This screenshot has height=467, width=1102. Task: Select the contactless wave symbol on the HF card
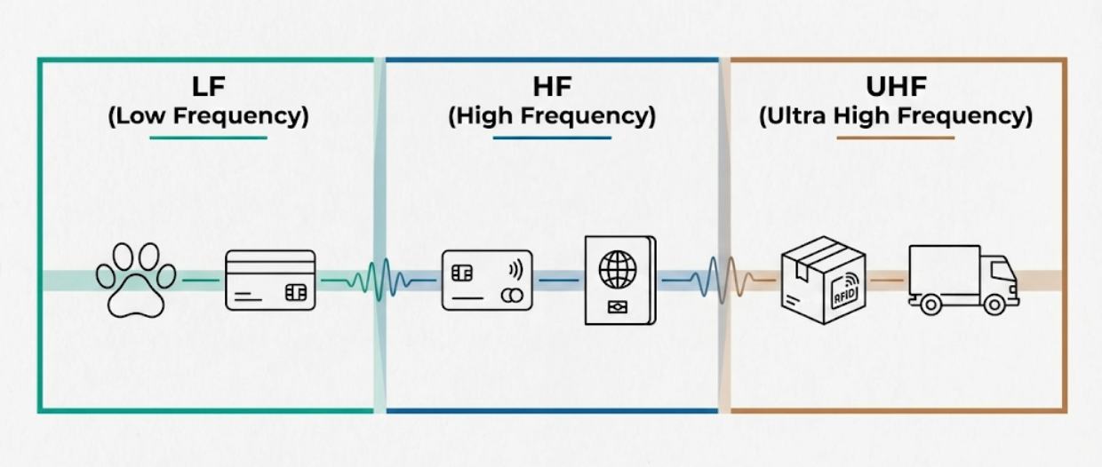(515, 269)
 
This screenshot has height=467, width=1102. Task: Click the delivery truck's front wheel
(990, 305)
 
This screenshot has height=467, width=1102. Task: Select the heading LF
(208, 88)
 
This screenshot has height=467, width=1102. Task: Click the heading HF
(551, 88)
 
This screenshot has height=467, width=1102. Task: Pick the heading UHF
(896, 88)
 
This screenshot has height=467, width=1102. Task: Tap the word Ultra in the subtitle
(795, 116)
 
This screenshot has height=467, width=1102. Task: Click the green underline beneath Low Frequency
(208, 138)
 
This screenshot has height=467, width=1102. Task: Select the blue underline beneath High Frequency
(552, 138)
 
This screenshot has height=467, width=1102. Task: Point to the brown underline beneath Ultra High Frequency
(896, 138)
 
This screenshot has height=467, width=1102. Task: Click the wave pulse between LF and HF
(380, 280)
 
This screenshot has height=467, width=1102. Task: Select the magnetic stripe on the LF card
(270, 263)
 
